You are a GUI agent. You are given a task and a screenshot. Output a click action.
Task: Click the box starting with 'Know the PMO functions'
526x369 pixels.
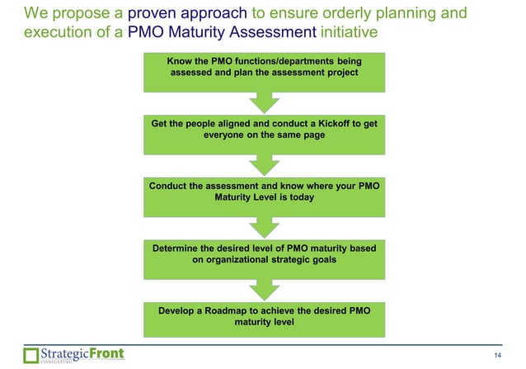pos(263,71)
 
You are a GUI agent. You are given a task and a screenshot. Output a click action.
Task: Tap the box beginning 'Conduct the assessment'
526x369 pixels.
pos(263,193)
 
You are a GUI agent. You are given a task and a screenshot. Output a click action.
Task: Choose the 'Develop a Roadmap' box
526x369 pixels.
pos(263,318)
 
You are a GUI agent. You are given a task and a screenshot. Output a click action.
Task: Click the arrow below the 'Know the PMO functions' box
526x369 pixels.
pos(263,102)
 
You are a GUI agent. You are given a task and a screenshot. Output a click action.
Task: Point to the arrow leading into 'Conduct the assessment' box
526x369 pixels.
pos(263,163)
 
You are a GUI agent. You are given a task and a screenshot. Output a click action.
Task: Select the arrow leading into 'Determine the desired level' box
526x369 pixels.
pos(263,226)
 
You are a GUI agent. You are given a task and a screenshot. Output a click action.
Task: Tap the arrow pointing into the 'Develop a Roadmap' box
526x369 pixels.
pos(263,288)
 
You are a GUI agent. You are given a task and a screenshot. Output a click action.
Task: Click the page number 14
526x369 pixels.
pos(496,355)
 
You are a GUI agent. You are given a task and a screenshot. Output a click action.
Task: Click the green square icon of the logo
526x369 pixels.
pos(31,356)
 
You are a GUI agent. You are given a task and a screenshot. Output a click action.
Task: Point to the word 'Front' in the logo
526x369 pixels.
pos(106,353)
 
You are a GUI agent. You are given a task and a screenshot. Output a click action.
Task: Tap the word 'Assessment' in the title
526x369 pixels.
pos(271,33)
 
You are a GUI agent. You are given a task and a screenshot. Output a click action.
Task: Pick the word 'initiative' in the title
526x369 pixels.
pos(350,33)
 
